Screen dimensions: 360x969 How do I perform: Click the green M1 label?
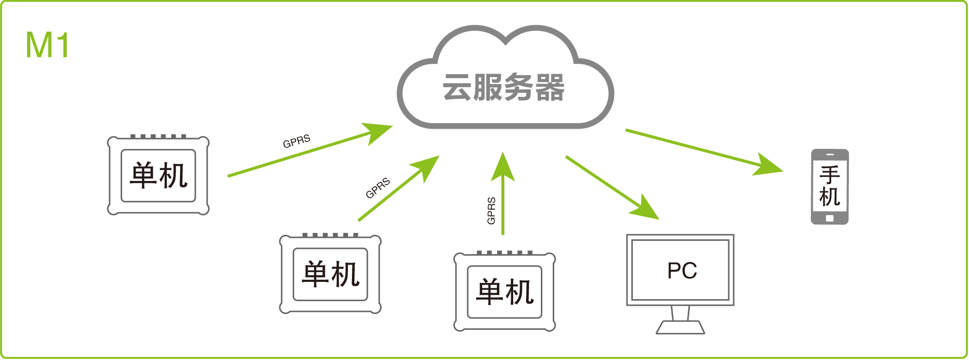coord(47,45)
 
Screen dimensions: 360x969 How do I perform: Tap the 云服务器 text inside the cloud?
coord(503,88)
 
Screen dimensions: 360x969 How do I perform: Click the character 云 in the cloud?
coord(457,88)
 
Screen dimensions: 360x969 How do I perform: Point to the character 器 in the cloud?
coord(550,88)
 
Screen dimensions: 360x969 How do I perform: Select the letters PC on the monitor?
coord(682,270)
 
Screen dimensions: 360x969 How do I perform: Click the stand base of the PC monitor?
coord(680,327)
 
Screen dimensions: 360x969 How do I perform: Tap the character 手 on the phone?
coord(830,175)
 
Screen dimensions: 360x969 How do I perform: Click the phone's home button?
coord(830,218)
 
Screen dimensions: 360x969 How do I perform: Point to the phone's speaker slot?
coord(830,154)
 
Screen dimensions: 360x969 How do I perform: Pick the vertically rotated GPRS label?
coord(491,211)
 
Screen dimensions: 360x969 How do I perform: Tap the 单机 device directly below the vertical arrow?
coord(505,292)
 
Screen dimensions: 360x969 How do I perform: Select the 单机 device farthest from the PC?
coord(159,176)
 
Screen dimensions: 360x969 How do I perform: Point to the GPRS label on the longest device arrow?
coord(297,141)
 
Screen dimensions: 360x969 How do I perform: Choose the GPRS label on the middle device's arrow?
coord(378,188)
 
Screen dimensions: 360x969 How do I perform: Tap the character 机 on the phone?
coord(830,197)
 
